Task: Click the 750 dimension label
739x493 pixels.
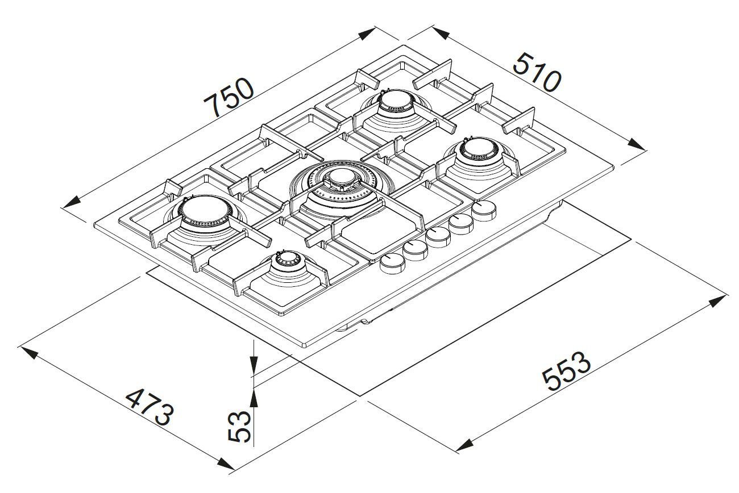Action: (x=229, y=97)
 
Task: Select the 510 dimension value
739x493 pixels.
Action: (x=537, y=72)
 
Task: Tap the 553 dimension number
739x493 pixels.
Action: (x=566, y=372)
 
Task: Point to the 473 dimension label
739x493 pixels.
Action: (x=148, y=407)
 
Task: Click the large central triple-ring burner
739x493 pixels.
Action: (x=339, y=182)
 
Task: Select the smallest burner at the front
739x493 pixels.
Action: (x=284, y=263)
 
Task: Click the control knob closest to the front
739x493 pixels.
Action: (x=391, y=264)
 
